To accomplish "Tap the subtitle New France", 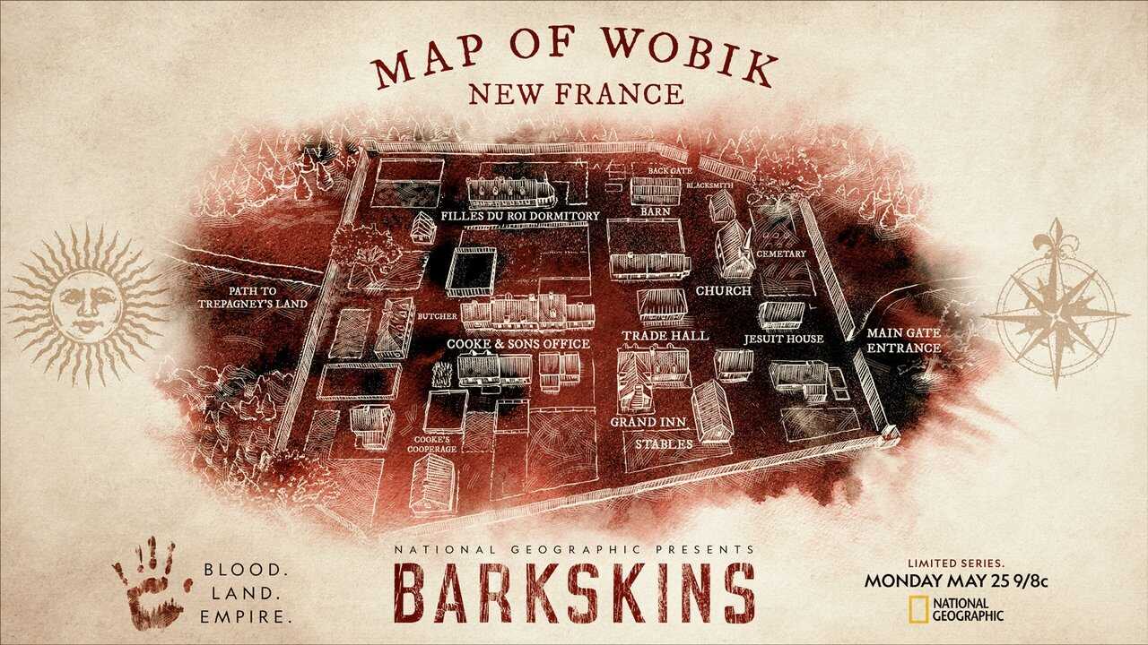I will click(574, 93).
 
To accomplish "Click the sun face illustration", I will click(87, 305).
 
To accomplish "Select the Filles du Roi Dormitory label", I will click(520, 216).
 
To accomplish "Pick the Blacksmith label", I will click(710, 185).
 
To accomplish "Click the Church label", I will click(725, 290).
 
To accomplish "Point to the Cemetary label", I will click(780, 254).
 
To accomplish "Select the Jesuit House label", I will click(783, 340).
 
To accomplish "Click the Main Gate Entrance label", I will click(903, 340).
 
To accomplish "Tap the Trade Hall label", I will click(665, 335).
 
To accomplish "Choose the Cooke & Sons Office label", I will click(518, 344).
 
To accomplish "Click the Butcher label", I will click(437, 316).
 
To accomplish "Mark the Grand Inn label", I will click(643, 421).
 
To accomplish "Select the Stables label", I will click(664, 443).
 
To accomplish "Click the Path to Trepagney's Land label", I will click(254, 297).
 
